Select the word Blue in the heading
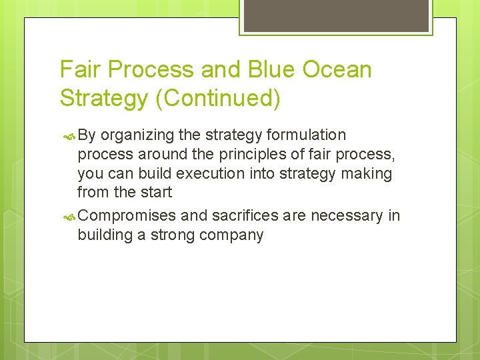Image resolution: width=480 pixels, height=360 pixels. [x=279, y=69]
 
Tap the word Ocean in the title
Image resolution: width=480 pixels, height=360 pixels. [x=341, y=69]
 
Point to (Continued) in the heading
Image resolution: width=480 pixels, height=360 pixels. [x=217, y=98]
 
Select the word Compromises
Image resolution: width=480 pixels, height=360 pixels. [x=127, y=215]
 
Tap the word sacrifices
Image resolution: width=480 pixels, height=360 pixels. [x=245, y=215]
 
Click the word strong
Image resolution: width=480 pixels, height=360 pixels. [x=175, y=235]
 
